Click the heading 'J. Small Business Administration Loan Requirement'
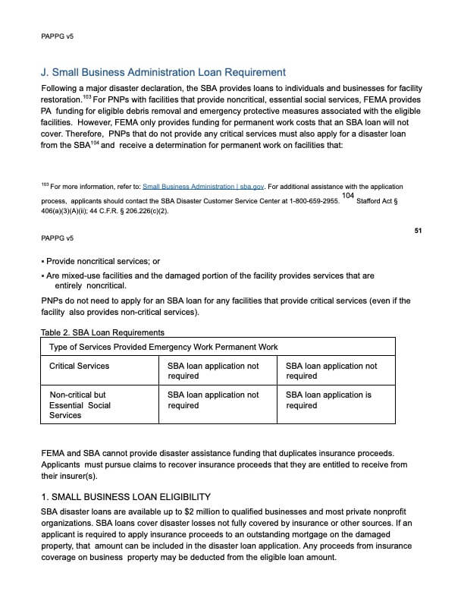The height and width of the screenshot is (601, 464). [163, 73]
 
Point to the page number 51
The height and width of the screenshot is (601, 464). [418, 231]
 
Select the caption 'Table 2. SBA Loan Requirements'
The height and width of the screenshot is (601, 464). [102, 332]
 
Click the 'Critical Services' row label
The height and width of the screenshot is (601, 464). [79, 366]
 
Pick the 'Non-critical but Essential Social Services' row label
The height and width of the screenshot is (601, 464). [80, 405]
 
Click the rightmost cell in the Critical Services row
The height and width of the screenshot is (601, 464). [331, 370]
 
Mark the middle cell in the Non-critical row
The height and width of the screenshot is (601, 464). [213, 400]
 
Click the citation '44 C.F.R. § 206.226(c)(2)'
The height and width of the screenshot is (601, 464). [130, 211]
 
